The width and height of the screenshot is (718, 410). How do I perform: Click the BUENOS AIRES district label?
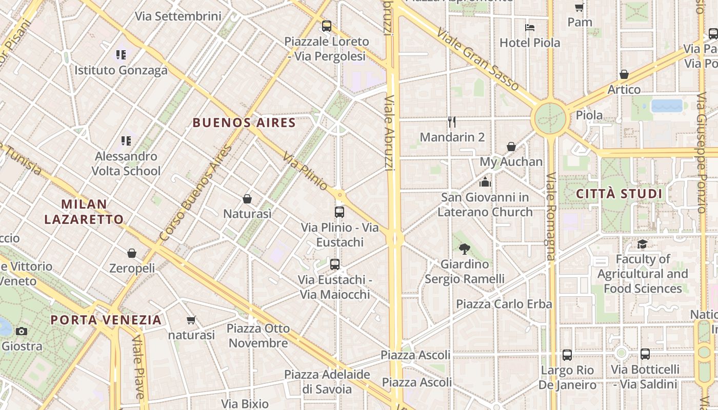coord(244,123)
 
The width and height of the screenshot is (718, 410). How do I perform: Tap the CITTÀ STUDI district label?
coord(619,194)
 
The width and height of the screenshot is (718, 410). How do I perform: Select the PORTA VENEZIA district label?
coord(106,320)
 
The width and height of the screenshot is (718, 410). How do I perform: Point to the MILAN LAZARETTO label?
coord(84,212)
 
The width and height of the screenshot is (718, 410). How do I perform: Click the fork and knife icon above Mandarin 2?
coord(452,122)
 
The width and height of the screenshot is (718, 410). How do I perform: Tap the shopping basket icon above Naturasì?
coord(247,199)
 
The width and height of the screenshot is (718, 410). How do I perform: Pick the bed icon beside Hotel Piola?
coord(530,27)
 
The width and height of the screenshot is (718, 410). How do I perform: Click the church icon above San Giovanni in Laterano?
coord(485,182)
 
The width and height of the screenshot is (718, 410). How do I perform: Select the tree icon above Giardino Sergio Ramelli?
coord(465,249)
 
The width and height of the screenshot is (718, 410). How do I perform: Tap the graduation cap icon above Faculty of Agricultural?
coord(642,244)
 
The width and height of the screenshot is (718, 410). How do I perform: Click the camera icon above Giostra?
coord(21,331)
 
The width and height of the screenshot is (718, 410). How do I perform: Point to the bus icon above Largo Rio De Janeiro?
coord(567,355)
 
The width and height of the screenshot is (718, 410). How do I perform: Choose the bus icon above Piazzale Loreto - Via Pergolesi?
coord(327,26)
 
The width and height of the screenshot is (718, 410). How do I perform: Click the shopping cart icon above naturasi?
coord(191,320)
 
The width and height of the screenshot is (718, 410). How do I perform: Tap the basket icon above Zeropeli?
coord(132,253)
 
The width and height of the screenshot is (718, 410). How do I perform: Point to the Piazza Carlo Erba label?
coord(504,304)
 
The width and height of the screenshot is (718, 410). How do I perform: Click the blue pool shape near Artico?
coord(667,106)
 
